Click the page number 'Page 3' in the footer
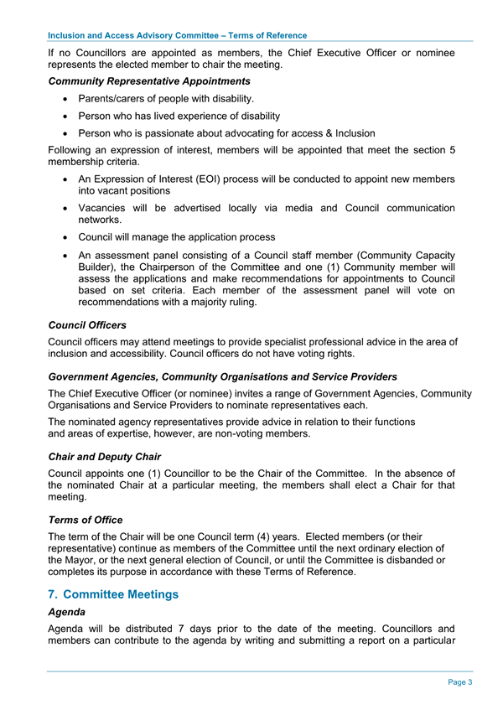[459, 682]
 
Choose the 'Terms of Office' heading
[86, 520]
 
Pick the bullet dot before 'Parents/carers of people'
[65, 100]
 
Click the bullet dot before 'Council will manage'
[65, 237]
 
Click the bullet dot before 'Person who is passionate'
[65, 133]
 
